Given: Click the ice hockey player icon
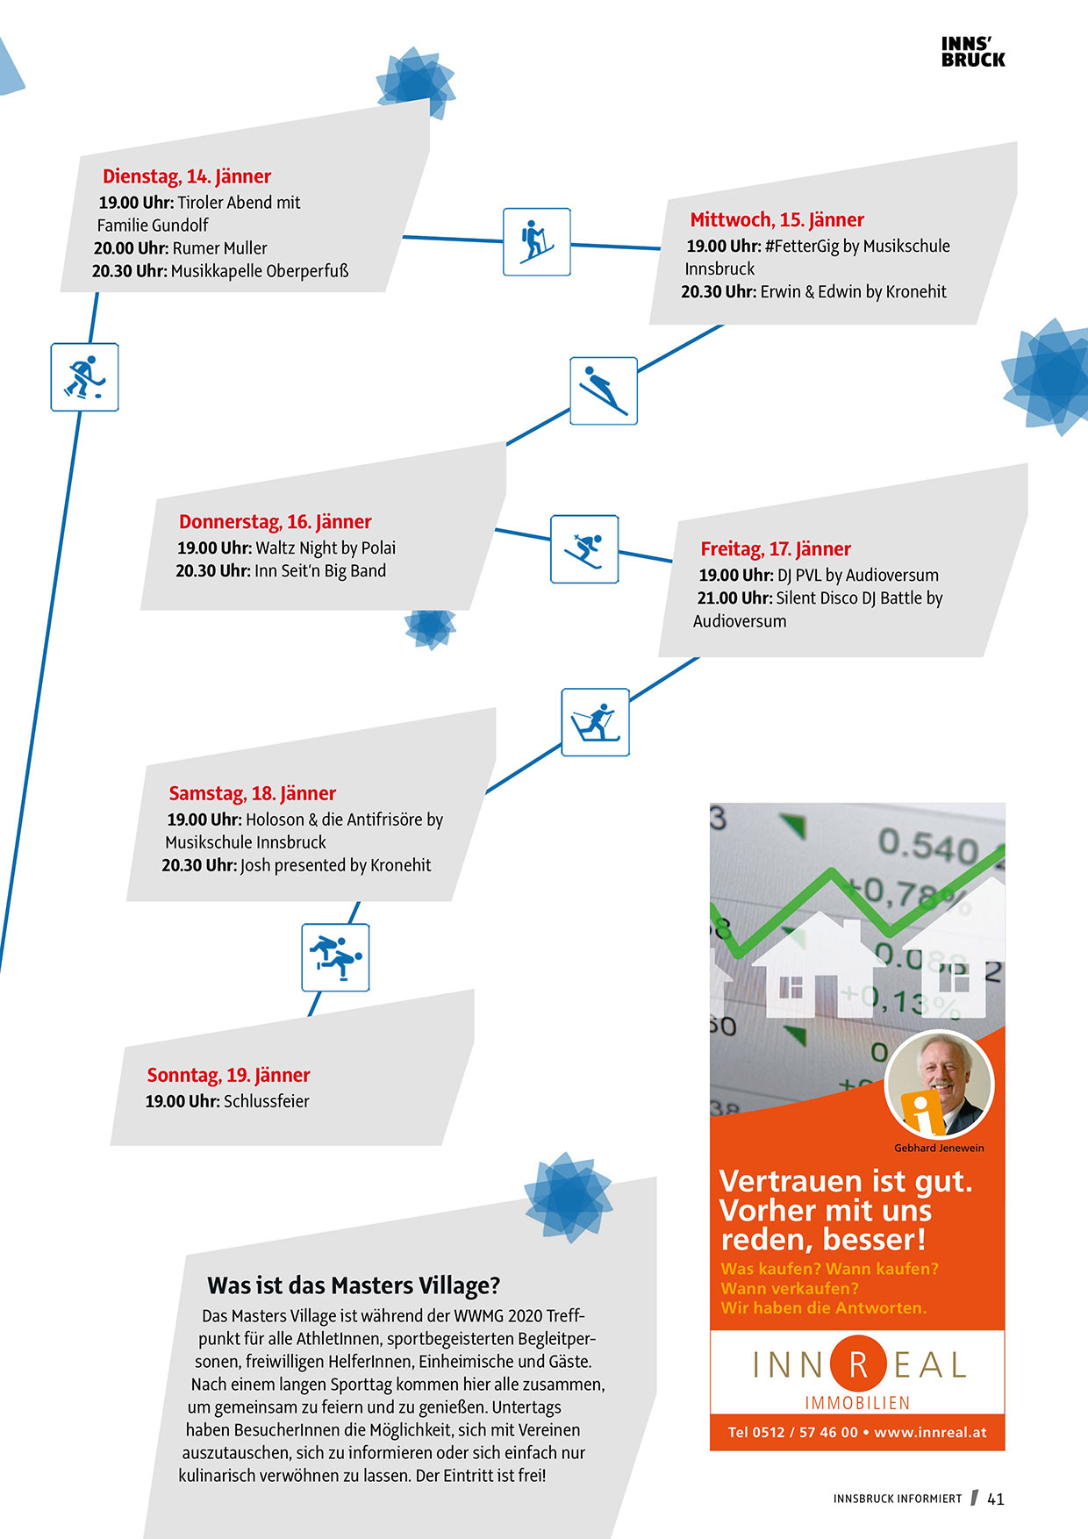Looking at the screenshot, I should (x=84, y=377).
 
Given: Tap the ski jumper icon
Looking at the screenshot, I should (x=604, y=391).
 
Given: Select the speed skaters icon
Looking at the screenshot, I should (x=335, y=957).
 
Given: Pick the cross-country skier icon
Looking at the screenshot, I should (x=595, y=722).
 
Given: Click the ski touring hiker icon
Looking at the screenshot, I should (x=536, y=241).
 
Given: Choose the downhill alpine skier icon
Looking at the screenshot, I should (x=584, y=549).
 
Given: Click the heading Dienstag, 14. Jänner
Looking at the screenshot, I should (x=187, y=176).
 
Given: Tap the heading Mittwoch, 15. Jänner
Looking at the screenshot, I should (x=777, y=219).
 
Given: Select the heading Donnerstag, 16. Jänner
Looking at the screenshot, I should (x=275, y=522).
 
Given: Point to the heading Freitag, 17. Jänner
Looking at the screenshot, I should (x=776, y=549).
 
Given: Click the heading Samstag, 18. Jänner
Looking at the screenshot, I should (x=252, y=793).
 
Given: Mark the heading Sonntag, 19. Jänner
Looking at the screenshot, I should (x=228, y=1075).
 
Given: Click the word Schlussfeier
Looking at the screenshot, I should (x=267, y=1101).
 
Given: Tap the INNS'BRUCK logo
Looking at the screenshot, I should (x=973, y=52).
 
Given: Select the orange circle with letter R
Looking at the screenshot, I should (x=858, y=1364).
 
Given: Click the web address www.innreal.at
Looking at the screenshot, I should (x=930, y=1432).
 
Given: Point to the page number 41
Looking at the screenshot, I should (x=996, y=1499).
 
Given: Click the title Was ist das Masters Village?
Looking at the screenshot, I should (x=354, y=1285).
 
